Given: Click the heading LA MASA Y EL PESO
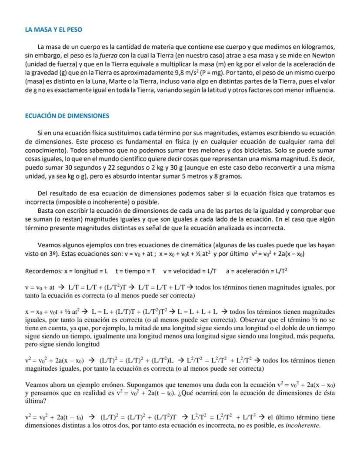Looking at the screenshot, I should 53,30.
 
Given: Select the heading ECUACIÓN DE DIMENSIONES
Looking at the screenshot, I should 67,116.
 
